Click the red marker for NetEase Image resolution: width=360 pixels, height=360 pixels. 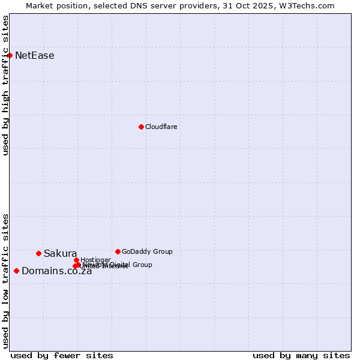point(10,56)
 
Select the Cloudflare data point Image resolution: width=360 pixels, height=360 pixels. point(141,127)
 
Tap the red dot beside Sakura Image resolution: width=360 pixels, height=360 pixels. point(38,253)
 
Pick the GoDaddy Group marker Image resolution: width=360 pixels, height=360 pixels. point(118,251)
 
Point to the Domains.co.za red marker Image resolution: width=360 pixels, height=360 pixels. point(16,271)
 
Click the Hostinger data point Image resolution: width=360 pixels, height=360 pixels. point(76,260)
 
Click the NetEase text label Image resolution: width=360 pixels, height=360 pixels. point(34,56)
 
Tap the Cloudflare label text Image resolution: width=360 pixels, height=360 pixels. point(161,127)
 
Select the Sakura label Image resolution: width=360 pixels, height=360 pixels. point(60,253)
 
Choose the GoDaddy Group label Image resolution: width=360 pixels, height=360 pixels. point(147,251)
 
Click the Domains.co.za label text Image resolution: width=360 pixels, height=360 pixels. point(56,271)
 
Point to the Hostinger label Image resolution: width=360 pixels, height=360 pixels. point(95,260)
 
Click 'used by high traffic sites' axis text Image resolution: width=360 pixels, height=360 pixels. point(5,85)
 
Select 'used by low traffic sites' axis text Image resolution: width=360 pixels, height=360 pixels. point(5,281)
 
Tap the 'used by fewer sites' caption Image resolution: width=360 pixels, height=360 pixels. point(62,355)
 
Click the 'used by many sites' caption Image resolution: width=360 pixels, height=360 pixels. point(301,355)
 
